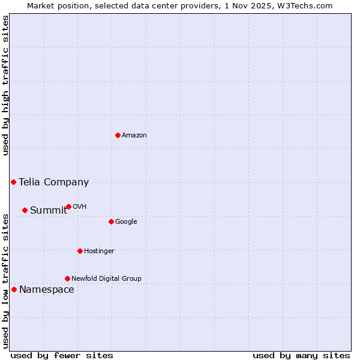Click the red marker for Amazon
pos(118,135)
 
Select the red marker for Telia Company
pos(13,182)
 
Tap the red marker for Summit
pos(25,210)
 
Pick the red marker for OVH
pos(68,206)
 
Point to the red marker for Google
pos(111,221)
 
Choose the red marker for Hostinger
pos(80,251)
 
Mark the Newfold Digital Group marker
pos(67,278)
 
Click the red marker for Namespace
pos(14,289)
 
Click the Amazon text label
pos(134,135)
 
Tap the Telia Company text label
pos(53,182)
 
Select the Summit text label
pos(49,210)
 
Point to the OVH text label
pos(80,206)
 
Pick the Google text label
pos(126,221)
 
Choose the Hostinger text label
pos(99,251)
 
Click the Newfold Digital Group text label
pos(106,278)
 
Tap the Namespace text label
pos(46,289)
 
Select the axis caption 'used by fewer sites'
pos(62,355)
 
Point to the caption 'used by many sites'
pos(301,355)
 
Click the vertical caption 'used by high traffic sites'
pos(5,85)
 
